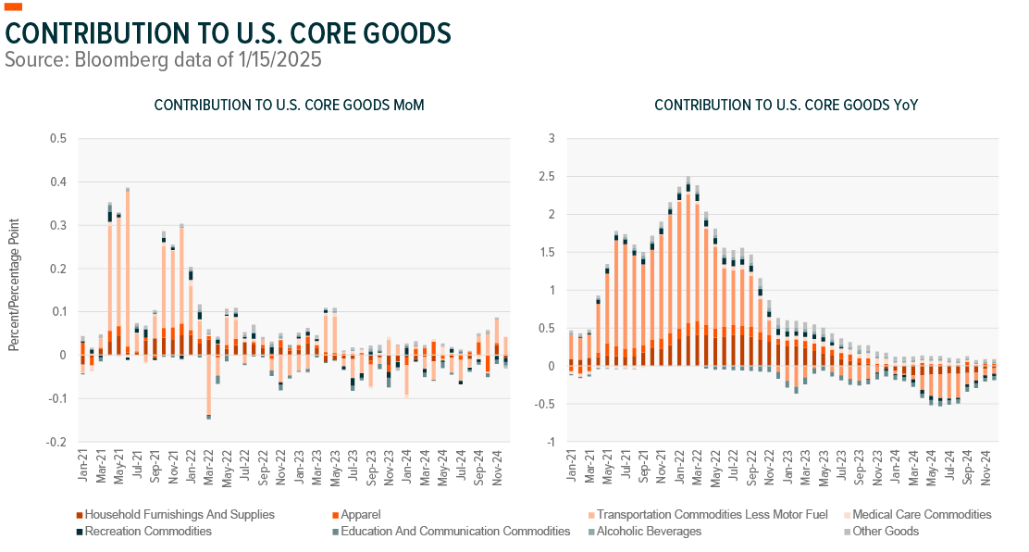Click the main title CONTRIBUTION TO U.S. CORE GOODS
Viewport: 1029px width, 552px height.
click(x=228, y=32)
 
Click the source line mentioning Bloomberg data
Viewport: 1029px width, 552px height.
click(x=164, y=60)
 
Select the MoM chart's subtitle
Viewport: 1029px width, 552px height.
click(x=289, y=106)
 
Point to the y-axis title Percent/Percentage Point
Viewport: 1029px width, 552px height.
click(x=14, y=284)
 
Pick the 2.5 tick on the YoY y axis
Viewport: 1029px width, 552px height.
click(x=547, y=177)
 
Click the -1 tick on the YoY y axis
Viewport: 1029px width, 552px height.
click(x=550, y=442)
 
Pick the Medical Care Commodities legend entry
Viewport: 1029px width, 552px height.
click(x=921, y=514)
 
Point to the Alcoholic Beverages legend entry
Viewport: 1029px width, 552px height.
click(x=648, y=532)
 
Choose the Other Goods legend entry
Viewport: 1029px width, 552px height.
click(x=886, y=532)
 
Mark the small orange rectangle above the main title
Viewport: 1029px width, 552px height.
click(x=14, y=6)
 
